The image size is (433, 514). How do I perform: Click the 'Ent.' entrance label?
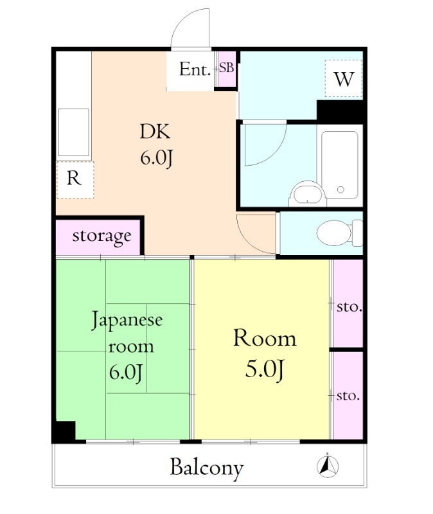195,69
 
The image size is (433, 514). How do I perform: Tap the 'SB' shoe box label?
226,67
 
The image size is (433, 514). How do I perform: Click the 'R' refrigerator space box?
75,179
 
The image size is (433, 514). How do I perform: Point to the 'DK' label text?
155,132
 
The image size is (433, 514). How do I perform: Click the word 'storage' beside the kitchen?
102,236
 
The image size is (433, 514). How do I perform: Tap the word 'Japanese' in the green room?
127,320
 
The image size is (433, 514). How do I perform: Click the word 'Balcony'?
206,467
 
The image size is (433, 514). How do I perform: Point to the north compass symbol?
330,466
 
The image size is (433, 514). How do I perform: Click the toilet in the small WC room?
337,232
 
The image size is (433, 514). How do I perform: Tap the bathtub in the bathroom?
340,164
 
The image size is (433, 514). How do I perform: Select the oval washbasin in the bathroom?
306,193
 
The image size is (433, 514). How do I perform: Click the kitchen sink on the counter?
73,132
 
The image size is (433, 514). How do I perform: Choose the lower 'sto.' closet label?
348,395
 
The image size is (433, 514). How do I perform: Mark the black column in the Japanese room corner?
64,430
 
